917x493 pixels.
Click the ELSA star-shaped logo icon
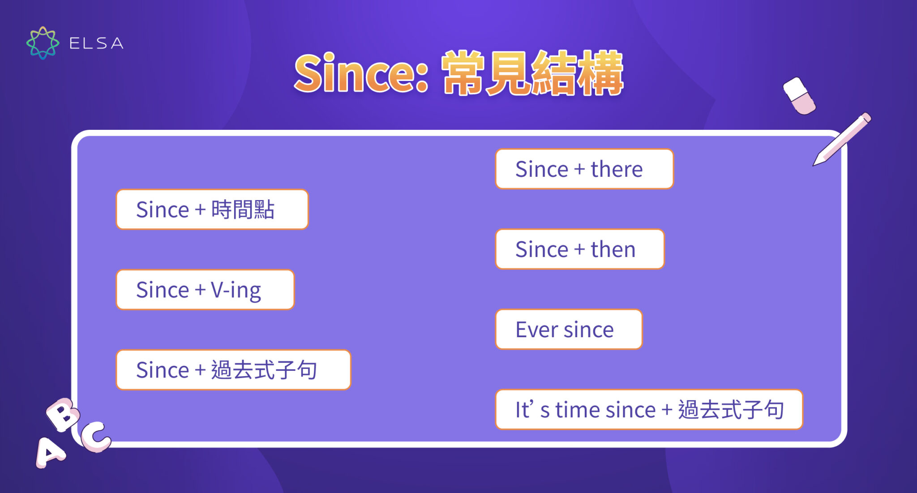pos(43,43)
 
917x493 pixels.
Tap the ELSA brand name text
pos(96,43)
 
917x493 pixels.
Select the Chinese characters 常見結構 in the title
pos(532,73)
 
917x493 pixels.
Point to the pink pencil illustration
pos(842,139)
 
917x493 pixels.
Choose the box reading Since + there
pos(584,169)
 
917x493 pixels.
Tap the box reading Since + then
pos(579,249)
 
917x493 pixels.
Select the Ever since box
pos(568,329)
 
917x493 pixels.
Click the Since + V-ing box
pos(205,289)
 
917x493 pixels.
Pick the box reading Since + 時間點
pos(212,209)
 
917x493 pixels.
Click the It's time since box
pos(649,409)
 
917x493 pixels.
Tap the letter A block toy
pos(50,452)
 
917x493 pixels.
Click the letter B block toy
pos(63,414)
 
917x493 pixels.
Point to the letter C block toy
pos(95,436)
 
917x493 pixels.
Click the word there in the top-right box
pos(617,169)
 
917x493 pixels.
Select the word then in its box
pos(613,249)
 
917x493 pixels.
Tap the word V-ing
pos(236,290)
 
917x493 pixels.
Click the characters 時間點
pos(242,209)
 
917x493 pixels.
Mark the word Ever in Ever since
pos(536,330)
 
